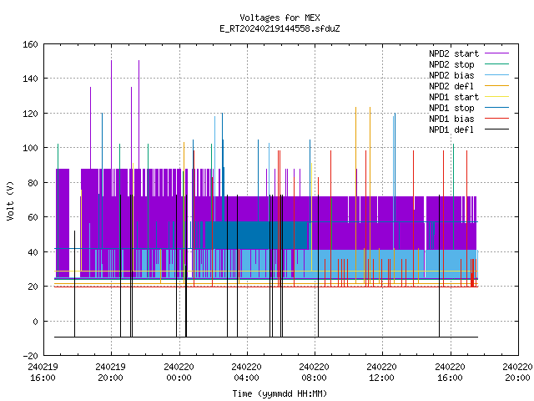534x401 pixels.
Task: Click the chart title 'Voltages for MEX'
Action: tap(280, 18)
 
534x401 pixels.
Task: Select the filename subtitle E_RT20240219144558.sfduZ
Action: tap(280, 28)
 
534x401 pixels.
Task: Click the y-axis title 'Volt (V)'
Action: tap(10, 200)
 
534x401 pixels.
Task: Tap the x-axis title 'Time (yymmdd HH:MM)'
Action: tap(280, 393)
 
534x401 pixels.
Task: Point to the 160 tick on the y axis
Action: tap(30, 44)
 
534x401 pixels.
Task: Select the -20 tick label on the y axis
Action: tap(30, 356)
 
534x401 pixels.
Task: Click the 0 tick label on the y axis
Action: tap(35, 321)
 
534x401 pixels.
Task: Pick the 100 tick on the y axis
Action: tap(30, 148)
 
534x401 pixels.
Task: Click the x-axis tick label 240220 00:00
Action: tap(179, 373)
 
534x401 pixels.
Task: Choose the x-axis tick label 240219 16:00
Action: tap(43, 373)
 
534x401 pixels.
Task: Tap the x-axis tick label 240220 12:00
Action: tap(382, 373)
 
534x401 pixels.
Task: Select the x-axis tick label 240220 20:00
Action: tap(517, 373)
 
